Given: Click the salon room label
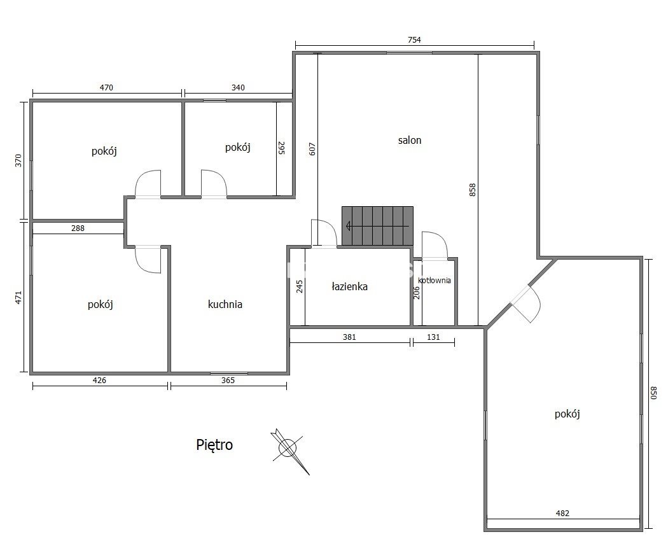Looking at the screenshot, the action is pyautogui.click(x=410, y=140).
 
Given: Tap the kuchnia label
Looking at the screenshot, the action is pyautogui.click(x=225, y=304).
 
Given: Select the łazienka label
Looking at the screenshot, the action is pyautogui.click(x=349, y=286).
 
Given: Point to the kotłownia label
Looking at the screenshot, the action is pyautogui.click(x=434, y=281).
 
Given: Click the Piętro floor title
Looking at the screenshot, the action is pyautogui.click(x=214, y=444).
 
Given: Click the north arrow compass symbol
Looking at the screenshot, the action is pyautogui.click(x=289, y=449).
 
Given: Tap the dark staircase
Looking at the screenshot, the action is pyautogui.click(x=377, y=226).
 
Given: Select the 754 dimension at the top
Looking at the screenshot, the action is pyautogui.click(x=414, y=40).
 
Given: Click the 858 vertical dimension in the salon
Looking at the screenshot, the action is pyautogui.click(x=472, y=190).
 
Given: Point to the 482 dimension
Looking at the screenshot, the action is pyautogui.click(x=562, y=514).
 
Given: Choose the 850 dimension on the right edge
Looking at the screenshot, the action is pyautogui.click(x=653, y=393).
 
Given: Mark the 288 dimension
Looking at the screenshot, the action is pyautogui.click(x=78, y=228).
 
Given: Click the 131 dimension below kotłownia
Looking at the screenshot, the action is pyautogui.click(x=433, y=337).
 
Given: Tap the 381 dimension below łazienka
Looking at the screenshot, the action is pyautogui.click(x=349, y=337).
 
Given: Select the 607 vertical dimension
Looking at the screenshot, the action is pyautogui.click(x=312, y=149).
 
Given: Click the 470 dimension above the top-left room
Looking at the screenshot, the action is pyautogui.click(x=106, y=88).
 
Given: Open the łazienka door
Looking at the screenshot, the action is pyautogui.click(x=324, y=233).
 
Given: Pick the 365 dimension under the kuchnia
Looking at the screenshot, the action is pyautogui.click(x=228, y=381).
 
